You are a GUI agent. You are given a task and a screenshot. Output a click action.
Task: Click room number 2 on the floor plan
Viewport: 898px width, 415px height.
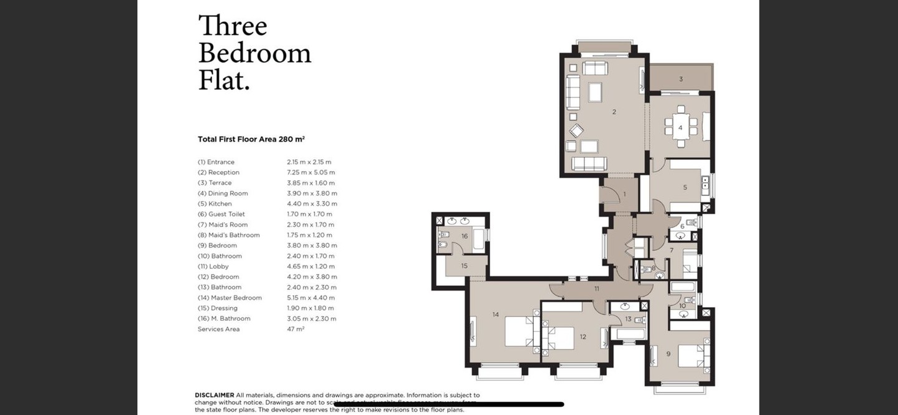click(614, 112)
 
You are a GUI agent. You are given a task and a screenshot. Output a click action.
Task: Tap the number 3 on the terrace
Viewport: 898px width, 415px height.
click(681, 79)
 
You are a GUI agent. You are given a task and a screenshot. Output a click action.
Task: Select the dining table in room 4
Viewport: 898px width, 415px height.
click(680, 127)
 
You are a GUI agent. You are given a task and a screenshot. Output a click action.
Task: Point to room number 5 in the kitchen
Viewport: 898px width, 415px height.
click(685, 187)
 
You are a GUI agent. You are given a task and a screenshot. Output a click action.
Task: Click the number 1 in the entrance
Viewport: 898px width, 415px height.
click(624, 195)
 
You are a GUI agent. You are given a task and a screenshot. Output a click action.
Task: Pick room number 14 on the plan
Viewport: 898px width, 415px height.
click(496, 314)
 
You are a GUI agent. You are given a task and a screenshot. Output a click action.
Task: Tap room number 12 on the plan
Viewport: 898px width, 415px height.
click(583, 337)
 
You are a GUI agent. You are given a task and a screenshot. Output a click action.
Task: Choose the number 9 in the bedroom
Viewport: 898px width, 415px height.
click(669, 354)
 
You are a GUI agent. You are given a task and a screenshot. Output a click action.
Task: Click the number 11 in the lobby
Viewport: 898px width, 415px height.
click(597, 289)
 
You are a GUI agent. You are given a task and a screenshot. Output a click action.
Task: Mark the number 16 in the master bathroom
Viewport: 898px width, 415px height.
click(465, 237)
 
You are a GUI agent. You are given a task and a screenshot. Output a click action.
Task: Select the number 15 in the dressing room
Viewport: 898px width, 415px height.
click(465, 266)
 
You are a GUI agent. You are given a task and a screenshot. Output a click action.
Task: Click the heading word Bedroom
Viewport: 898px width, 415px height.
click(254, 54)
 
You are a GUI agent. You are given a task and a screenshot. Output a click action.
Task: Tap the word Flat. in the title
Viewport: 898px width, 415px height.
click(224, 81)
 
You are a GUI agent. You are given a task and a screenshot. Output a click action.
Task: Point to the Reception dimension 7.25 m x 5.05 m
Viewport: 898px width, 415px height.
click(311, 172)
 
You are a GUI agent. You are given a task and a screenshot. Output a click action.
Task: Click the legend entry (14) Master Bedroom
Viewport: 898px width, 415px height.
click(229, 298)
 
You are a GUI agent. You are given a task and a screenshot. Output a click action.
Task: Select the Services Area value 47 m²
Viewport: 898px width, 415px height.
click(296, 329)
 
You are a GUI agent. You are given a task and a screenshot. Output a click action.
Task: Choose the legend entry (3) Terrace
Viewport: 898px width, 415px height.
click(215, 183)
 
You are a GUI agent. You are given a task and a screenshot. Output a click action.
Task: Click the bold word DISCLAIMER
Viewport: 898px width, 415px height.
click(215, 395)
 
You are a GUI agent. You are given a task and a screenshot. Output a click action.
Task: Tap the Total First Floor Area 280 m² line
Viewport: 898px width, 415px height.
click(251, 139)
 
